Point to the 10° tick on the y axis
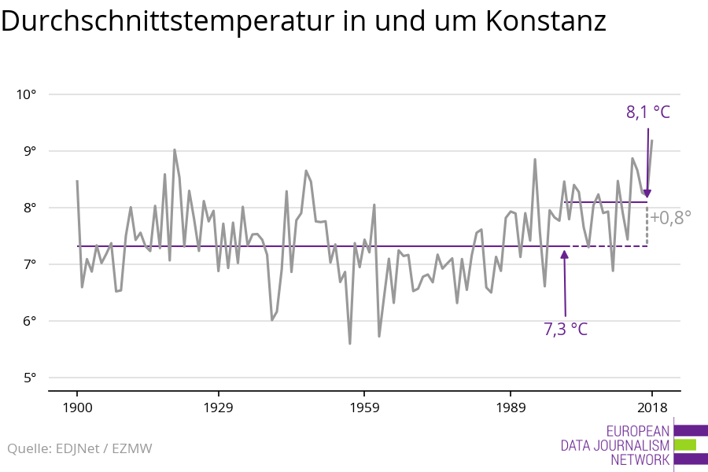pos(27,94)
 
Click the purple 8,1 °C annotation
pos(648,112)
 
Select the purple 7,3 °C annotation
pos(566,329)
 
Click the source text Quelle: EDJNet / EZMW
pos(79,449)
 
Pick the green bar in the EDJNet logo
pos(685,444)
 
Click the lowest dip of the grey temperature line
pos(350,343)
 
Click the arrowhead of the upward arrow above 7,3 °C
pos(565,253)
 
